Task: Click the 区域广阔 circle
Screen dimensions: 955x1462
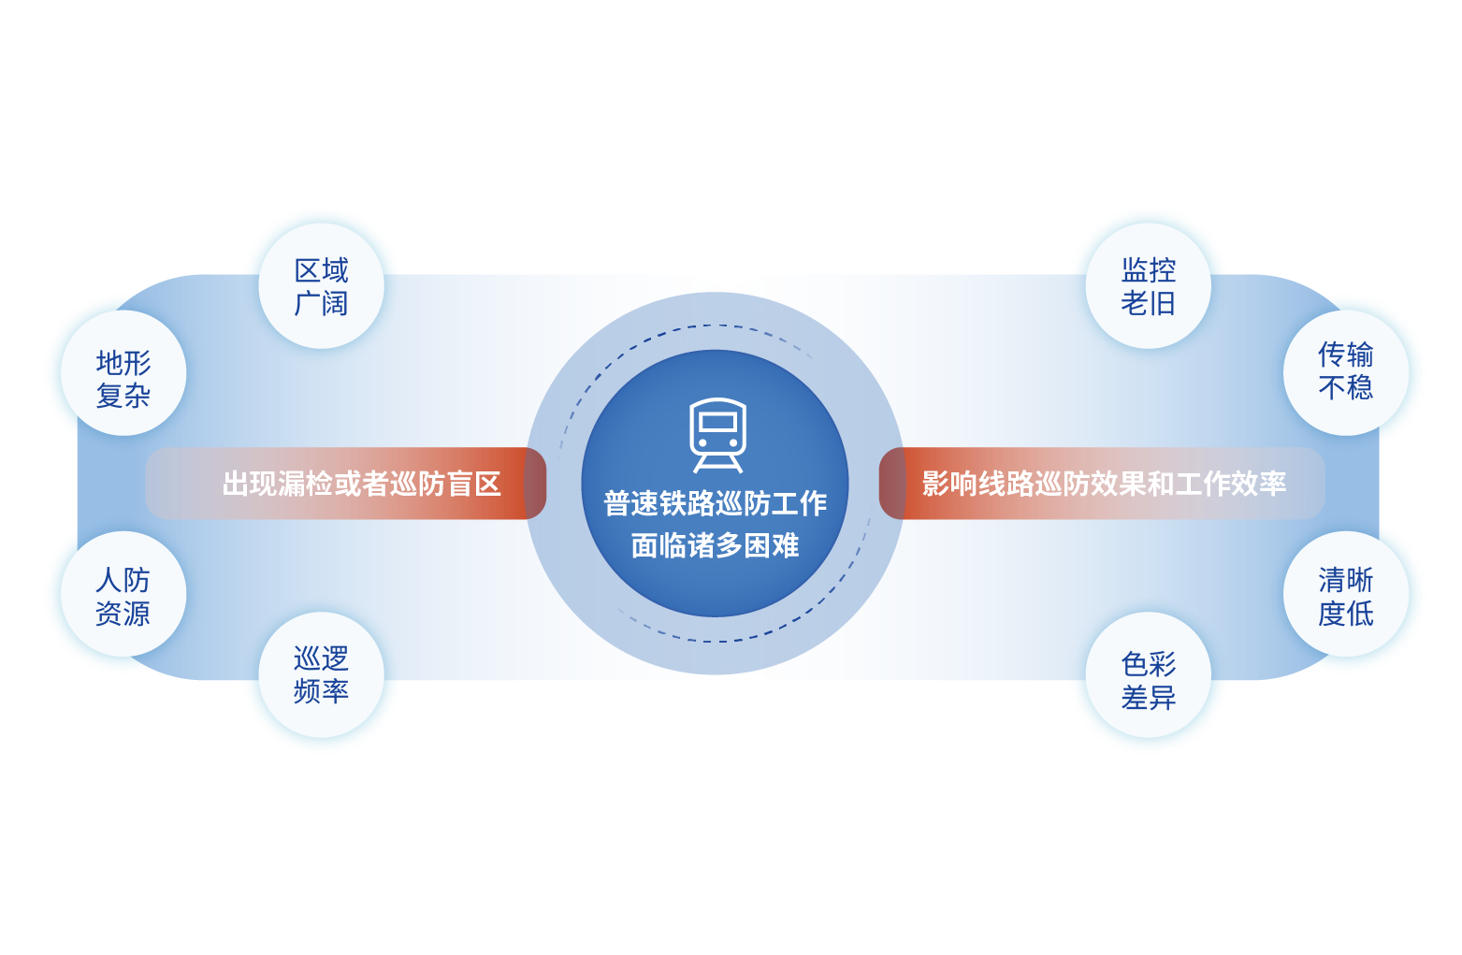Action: tap(321, 286)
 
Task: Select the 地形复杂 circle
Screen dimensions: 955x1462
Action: tap(123, 374)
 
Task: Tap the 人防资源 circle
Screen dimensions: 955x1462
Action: tap(123, 595)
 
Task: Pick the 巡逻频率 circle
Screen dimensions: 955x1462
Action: tap(321, 674)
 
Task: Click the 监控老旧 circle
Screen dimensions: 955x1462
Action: tap(1148, 286)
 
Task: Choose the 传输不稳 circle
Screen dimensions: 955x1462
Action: tap(1345, 371)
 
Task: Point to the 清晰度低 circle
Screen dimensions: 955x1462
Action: tap(1345, 595)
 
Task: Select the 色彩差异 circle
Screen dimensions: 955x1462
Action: tap(1148, 680)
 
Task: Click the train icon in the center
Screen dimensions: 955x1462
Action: tap(717, 436)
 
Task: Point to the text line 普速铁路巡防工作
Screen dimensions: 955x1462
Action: tap(715, 503)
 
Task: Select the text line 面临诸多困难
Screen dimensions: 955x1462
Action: tap(715, 545)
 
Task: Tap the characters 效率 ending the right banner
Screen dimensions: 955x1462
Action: tap(1258, 484)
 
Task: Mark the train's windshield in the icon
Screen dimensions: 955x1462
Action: tap(717, 422)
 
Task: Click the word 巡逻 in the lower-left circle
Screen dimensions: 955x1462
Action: tap(321, 658)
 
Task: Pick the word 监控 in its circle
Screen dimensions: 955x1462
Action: tap(1148, 270)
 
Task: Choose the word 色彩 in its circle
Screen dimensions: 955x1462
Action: tap(1148, 664)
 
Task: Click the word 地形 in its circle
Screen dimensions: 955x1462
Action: tap(123, 362)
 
